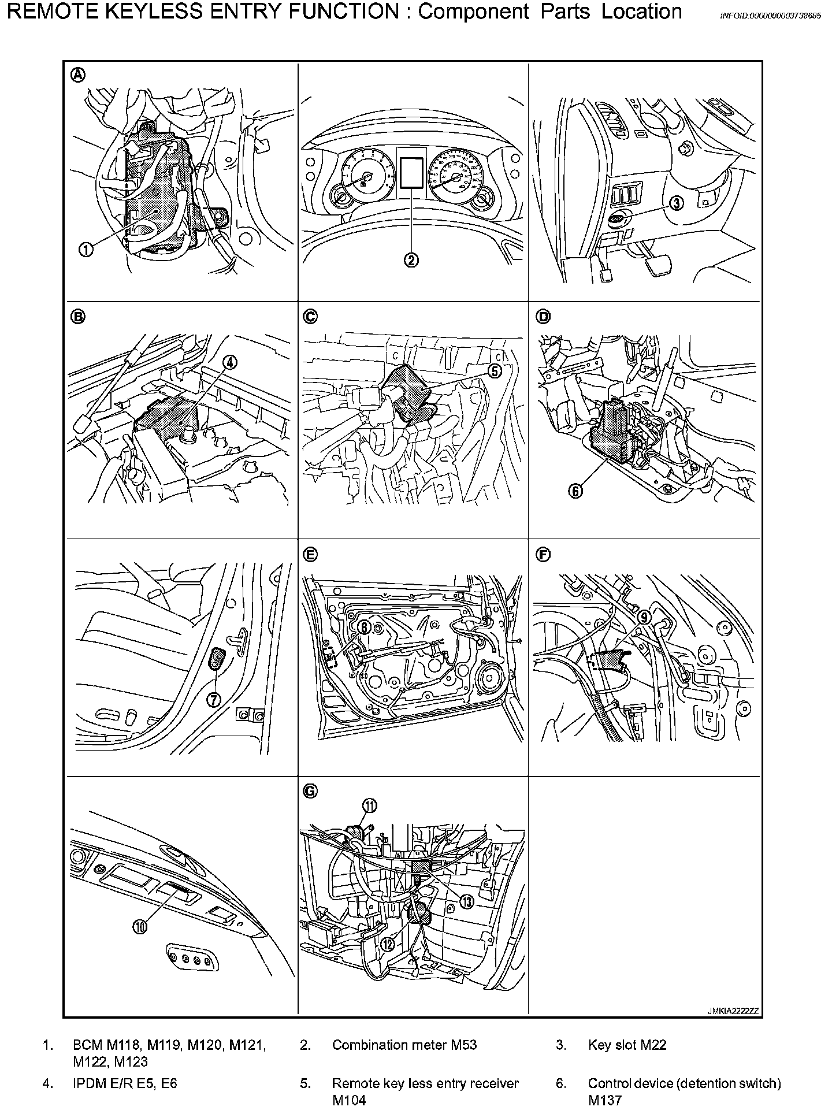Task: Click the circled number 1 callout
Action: [x=86, y=249]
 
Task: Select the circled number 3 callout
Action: [x=677, y=203]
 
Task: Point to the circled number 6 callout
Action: [x=575, y=491]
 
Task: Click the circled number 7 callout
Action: [x=214, y=700]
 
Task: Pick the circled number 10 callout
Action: [x=140, y=927]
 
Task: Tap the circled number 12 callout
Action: [x=387, y=944]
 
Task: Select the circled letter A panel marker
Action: [x=77, y=74]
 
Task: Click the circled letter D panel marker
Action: [x=544, y=316]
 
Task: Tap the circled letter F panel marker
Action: [x=544, y=555]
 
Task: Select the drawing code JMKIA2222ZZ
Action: [x=733, y=1011]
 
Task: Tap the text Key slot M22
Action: [x=627, y=1045]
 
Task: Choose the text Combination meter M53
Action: [x=404, y=1045]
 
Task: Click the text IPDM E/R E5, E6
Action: [x=125, y=1083]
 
